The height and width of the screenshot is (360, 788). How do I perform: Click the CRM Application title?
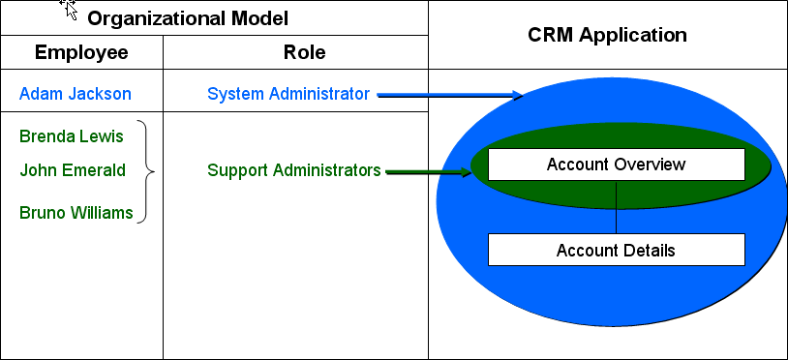(x=607, y=35)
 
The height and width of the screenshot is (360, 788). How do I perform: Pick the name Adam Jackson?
(x=76, y=94)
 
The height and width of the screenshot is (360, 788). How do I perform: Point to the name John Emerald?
(x=73, y=170)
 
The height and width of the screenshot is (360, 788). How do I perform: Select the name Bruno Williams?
(x=76, y=212)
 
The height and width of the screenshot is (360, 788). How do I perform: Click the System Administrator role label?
(x=288, y=94)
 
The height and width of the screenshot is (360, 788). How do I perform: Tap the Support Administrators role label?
(x=293, y=170)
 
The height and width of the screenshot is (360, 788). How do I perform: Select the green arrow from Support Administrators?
(x=427, y=172)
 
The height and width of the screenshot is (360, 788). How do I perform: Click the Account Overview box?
(x=616, y=165)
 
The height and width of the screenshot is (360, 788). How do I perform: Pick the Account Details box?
(x=616, y=250)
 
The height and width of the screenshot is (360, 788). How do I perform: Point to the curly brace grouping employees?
(x=147, y=171)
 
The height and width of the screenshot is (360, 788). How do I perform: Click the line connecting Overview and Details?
(x=616, y=207)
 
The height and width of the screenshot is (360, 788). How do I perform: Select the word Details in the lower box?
(x=650, y=250)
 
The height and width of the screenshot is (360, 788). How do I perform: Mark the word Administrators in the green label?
(x=327, y=170)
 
